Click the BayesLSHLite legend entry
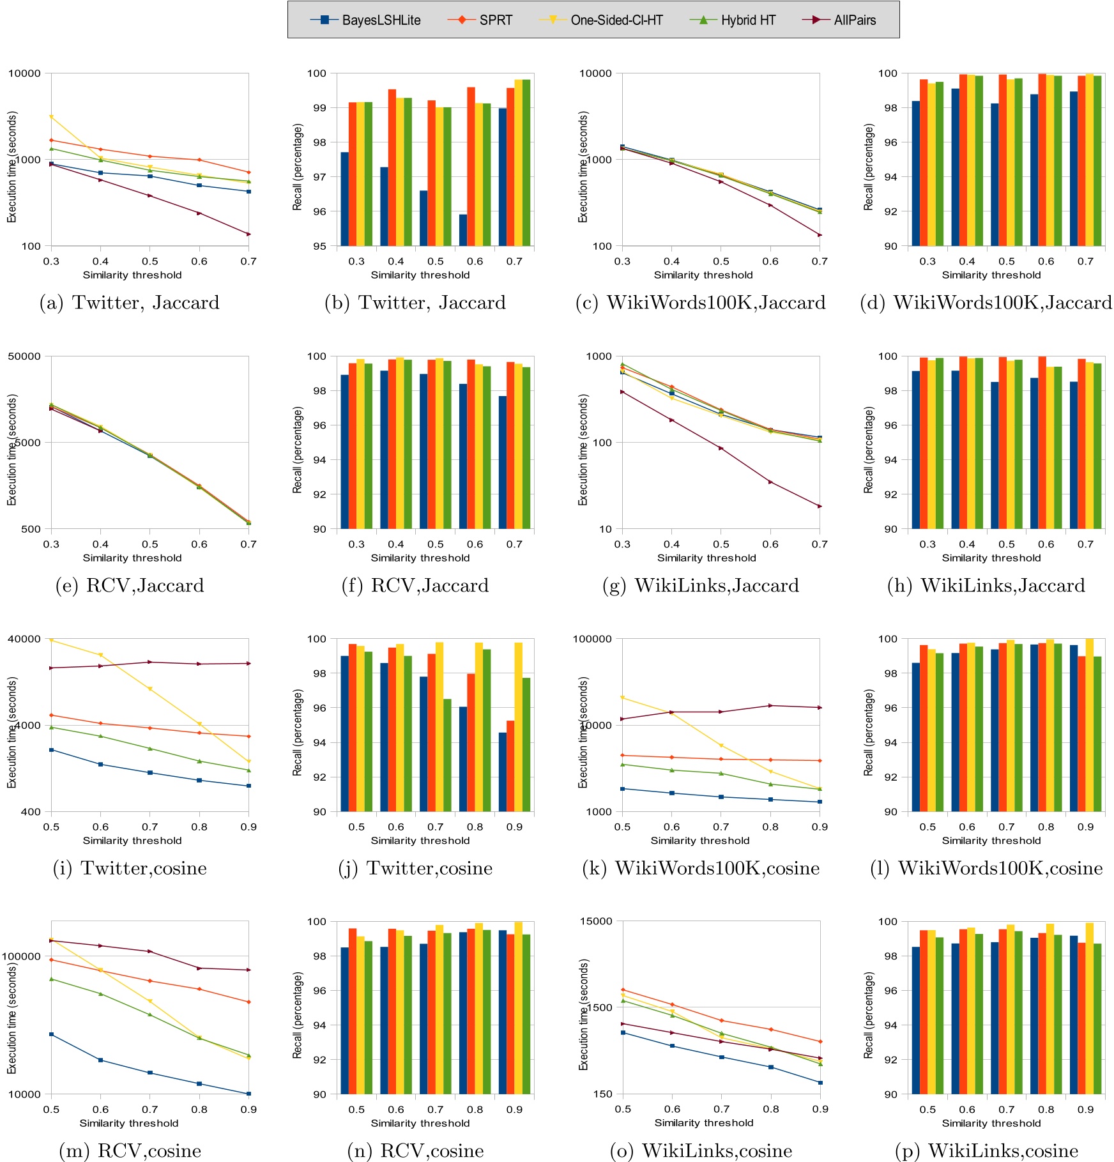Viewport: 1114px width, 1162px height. pyautogui.click(x=365, y=20)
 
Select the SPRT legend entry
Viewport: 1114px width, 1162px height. pyautogui.click(x=480, y=20)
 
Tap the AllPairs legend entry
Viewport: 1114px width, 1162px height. pyautogui.click(x=839, y=20)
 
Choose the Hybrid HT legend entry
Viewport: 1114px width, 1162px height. pyautogui.click(x=733, y=20)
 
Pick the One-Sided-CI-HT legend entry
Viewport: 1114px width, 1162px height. pyautogui.click(x=601, y=20)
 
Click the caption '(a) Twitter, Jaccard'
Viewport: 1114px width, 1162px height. pyautogui.click(x=129, y=302)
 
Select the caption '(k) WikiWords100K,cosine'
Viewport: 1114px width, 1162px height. pyautogui.click(x=701, y=868)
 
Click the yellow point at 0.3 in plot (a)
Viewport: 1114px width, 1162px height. pyautogui.click(x=51, y=117)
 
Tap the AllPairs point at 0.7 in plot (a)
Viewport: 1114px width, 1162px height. pyautogui.click(x=248, y=234)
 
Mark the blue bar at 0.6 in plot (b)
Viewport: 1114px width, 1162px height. pyautogui.click(x=463, y=230)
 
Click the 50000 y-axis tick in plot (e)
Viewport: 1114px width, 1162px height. pyautogui.click(x=24, y=356)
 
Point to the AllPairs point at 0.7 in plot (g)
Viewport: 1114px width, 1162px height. pyautogui.click(x=820, y=506)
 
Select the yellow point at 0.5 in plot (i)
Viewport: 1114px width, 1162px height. pyautogui.click(x=51, y=639)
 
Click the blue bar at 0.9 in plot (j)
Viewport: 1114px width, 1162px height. pyautogui.click(x=503, y=772)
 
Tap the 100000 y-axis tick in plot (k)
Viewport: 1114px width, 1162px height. pyautogui.click(x=592, y=639)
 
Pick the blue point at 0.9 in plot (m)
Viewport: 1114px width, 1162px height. pyautogui.click(x=248, y=1094)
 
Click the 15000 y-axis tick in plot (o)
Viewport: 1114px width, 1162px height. pyautogui.click(x=595, y=921)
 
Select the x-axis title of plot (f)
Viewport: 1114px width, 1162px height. pyautogui.click(x=420, y=558)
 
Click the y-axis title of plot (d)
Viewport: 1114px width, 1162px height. pyautogui.click(x=868, y=167)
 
